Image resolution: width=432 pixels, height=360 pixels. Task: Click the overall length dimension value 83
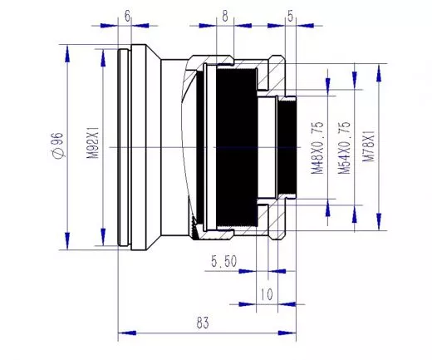coord(201,323)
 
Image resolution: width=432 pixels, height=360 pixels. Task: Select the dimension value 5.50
coord(224,261)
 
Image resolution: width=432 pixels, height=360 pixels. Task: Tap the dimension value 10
coord(266,293)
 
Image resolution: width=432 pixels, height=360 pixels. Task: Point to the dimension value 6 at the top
coord(127,16)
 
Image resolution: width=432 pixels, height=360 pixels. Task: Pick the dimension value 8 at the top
coord(224,16)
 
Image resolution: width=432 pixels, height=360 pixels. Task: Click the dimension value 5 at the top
coord(290,16)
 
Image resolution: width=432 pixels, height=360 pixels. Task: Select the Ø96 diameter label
coord(56,146)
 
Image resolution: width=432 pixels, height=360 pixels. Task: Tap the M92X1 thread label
coord(93,146)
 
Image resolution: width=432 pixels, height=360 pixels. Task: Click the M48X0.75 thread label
coord(317,146)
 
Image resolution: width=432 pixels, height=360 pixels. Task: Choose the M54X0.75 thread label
coord(344,146)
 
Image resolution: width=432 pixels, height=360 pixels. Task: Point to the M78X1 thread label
coord(370,146)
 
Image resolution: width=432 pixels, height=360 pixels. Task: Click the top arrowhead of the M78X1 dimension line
coord(380,65)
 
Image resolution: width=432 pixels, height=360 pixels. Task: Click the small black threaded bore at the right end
coord(287,146)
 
